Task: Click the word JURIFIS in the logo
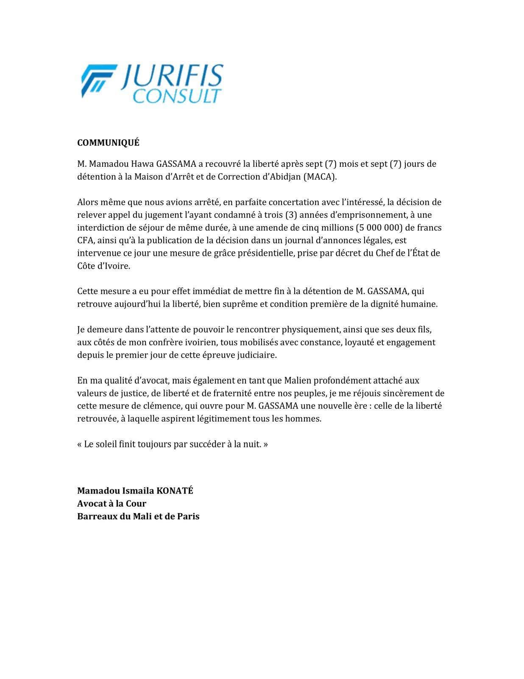point(171,77)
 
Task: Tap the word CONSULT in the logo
point(177,96)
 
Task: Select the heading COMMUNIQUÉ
point(108,143)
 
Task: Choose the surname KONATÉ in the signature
point(175,491)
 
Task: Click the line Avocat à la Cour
point(111,504)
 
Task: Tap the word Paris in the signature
point(188,516)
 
